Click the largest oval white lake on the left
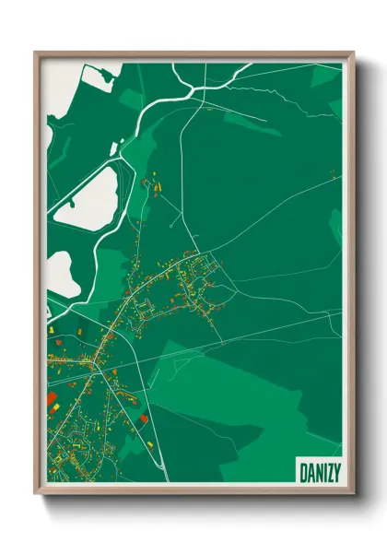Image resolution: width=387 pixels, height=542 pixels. pyautogui.click(x=84, y=198)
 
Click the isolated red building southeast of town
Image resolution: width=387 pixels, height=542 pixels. pyautogui.click(x=145, y=419)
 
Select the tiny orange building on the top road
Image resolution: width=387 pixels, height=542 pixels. pyautogui.click(x=209, y=109)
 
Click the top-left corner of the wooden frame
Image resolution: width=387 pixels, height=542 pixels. pyautogui.click(x=36, y=53)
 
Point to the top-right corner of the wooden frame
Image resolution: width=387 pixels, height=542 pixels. pyautogui.click(x=352, y=53)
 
